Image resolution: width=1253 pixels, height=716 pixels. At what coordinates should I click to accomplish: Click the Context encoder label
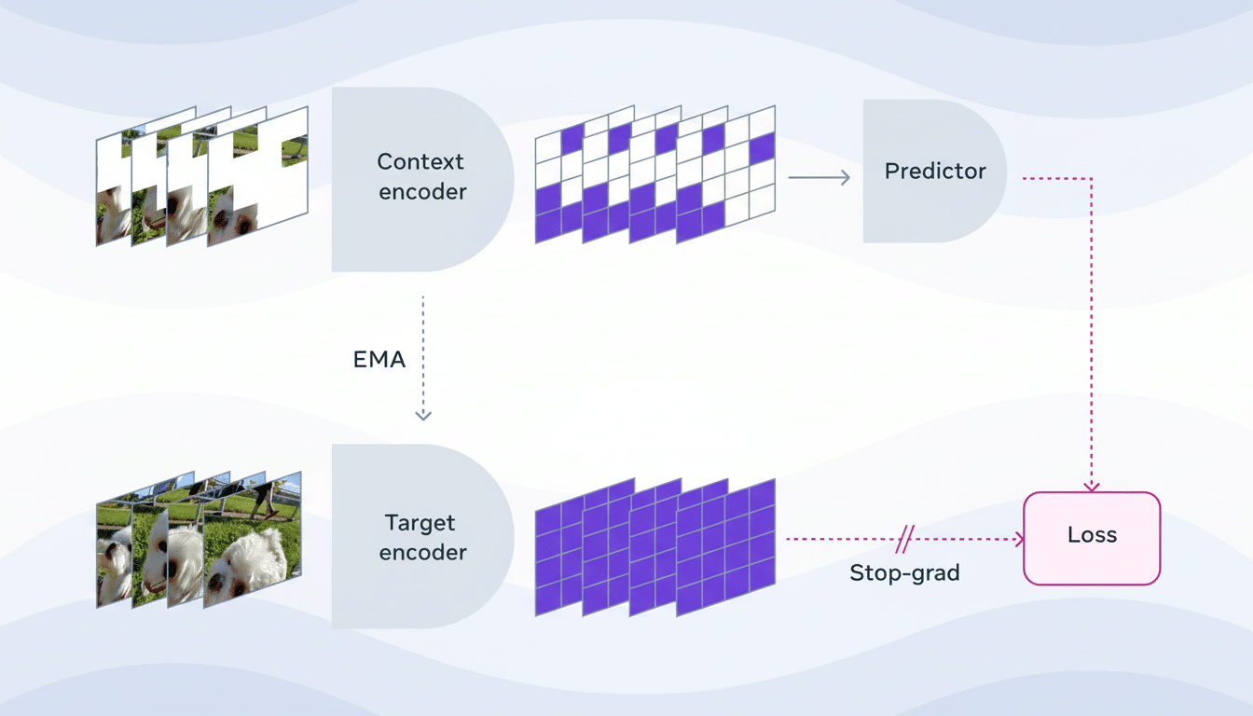420,176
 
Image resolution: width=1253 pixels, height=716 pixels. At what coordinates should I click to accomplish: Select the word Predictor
935,171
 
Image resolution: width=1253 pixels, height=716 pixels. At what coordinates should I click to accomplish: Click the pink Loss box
1092,538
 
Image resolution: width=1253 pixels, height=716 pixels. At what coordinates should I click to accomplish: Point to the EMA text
379,359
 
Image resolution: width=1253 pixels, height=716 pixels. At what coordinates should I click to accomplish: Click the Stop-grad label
904,572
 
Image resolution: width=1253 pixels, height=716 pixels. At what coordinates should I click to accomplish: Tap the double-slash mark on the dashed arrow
905,539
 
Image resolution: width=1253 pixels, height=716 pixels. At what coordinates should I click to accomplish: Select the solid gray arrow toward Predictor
819,177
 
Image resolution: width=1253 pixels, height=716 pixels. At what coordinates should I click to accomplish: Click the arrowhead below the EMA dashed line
423,415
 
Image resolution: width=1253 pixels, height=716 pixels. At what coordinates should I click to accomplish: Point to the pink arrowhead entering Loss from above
1092,486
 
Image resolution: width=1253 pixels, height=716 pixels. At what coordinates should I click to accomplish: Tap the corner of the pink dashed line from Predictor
1092,178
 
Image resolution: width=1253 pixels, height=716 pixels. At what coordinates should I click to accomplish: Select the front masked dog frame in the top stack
258,177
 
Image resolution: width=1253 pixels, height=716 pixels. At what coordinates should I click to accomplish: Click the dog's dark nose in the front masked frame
243,225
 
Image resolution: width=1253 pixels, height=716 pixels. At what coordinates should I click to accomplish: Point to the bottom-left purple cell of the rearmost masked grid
547,227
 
